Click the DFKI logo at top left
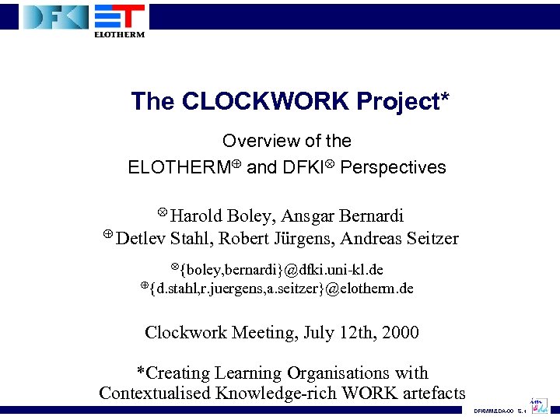[x=55, y=17]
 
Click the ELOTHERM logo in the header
[x=119, y=19]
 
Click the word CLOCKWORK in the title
[x=264, y=101]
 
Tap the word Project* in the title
[x=403, y=101]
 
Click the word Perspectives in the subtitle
[x=394, y=167]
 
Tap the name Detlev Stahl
[x=162, y=238]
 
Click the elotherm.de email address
[x=282, y=289]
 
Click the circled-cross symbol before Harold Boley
[x=163, y=212]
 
